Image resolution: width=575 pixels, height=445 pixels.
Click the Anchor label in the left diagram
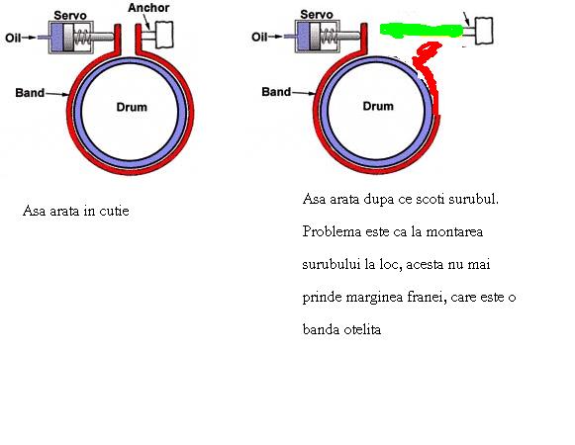[148, 8]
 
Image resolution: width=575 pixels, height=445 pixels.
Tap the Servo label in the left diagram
[70, 16]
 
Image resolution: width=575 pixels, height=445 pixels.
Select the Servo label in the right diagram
[317, 15]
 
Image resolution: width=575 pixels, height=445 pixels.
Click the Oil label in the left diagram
[13, 38]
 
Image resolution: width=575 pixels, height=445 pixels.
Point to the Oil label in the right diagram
[259, 37]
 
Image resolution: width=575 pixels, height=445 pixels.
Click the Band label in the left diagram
[30, 93]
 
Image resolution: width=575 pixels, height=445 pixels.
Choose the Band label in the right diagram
[276, 92]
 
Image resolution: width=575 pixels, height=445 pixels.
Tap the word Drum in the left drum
[132, 107]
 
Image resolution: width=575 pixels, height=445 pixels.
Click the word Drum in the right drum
[378, 106]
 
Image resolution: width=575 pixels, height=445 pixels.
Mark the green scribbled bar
[421, 31]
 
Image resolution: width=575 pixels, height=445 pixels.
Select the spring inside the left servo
[82, 37]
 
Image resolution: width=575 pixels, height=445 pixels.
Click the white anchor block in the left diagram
[164, 35]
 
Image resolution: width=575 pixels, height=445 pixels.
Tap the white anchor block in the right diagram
[484, 31]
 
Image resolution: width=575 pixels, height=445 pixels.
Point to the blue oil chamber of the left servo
[56, 37]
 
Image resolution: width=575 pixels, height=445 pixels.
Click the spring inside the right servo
[329, 37]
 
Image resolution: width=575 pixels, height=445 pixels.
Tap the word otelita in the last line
[362, 329]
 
